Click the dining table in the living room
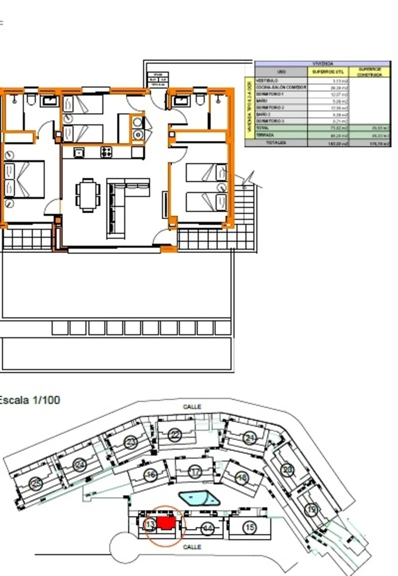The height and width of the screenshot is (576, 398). click(x=87, y=195)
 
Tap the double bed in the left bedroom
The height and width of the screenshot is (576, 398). click(x=24, y=180)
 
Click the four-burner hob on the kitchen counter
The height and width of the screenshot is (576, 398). click(x=106, y=152)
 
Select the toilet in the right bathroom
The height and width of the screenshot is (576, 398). click(x=200, y=100)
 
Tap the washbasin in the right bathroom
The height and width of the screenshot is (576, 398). click(x=182, y=99)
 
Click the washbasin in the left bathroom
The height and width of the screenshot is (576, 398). click(x=51, y=100)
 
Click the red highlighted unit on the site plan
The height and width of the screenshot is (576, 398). click(x=166, y=524)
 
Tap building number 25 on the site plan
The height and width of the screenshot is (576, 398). click(x=36, y=484)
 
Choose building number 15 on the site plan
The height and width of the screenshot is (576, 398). click(x=249, y=527)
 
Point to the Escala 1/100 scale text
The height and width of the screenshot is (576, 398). click(x=30, y=399)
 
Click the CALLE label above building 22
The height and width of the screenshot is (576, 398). click(x=192, y=407)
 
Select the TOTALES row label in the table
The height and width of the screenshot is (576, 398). click(x=277, y=143)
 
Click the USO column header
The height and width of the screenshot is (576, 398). click(x=281, y=71)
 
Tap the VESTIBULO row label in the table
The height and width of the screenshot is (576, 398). click(x=267, y=81)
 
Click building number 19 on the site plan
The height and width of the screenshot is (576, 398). click(x=311, y=510)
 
